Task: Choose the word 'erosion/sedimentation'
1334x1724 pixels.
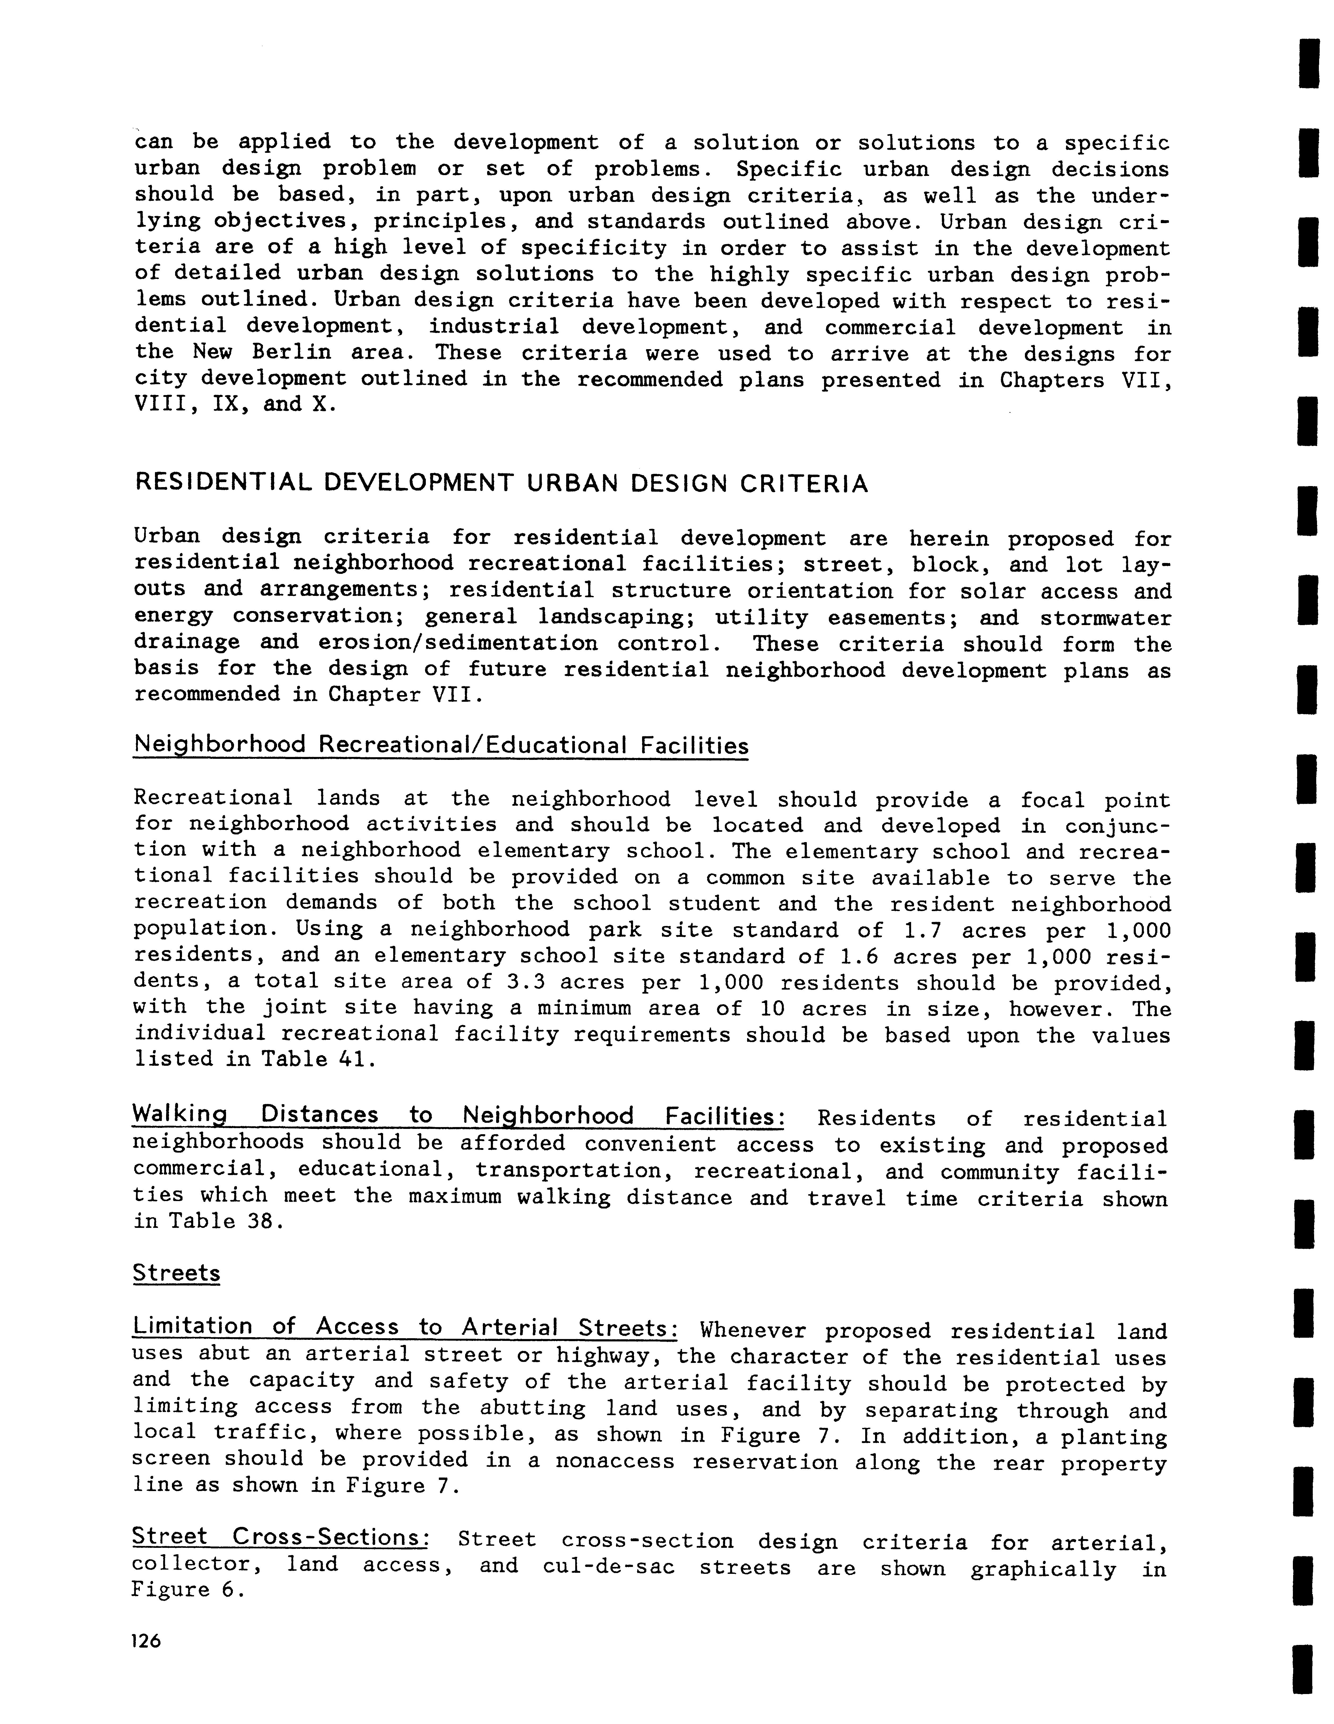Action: pos(458,644)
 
